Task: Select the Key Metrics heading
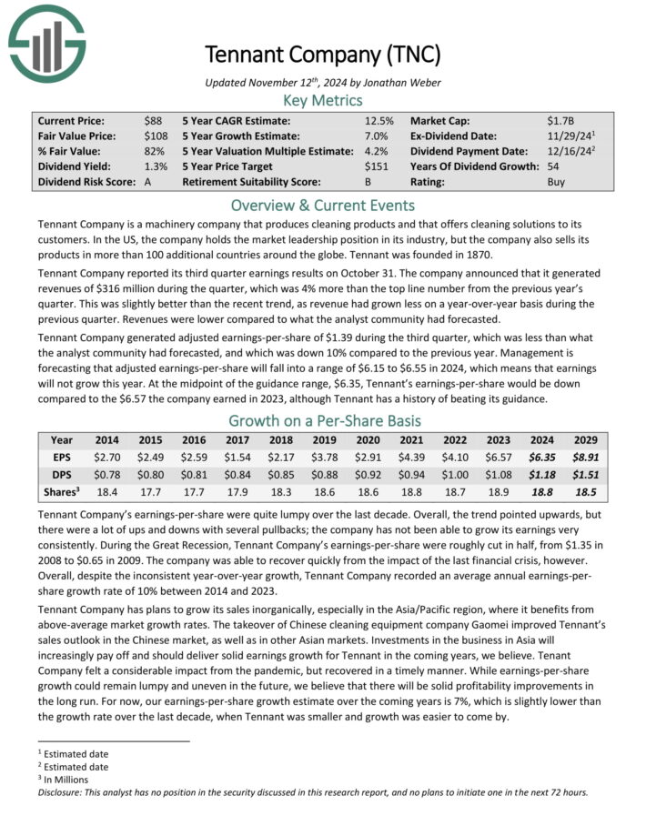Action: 323,100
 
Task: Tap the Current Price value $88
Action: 153,120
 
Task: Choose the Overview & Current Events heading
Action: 323,205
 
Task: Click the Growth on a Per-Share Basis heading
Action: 323,421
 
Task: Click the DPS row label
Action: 62,474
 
